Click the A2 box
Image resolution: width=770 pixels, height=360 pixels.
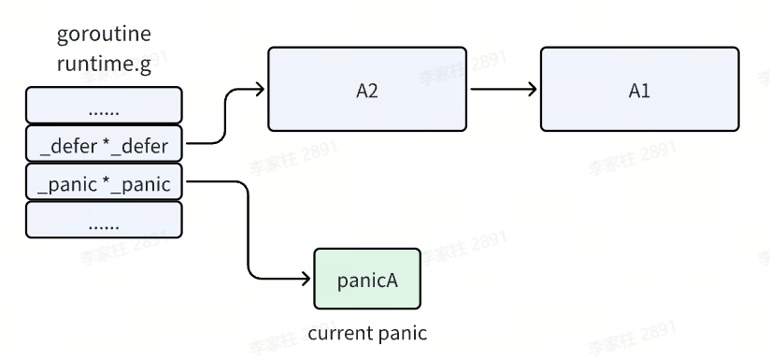(x=366, y=89)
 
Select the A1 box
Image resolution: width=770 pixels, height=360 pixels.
(x=638, y=89)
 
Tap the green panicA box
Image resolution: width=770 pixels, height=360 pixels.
(x=366, y=279)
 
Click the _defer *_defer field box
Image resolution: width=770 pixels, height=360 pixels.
(x=104, y=145)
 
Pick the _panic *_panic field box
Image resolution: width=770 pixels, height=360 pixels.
(x=104, y=183)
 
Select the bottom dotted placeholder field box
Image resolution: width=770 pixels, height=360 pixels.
(x=104, y=220)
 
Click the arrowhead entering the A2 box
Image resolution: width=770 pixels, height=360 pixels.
(x=261, y=90)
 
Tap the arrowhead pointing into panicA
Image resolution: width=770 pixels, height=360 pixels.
(x=306, y=279)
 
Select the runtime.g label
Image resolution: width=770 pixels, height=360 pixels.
(x=103, y=65)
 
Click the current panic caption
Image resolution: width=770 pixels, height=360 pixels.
(x=366, y=333)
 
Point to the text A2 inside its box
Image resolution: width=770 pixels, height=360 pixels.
(x=366, y=90)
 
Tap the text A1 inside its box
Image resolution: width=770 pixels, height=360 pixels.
(x=638, y=90)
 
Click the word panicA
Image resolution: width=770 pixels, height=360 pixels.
(x=366, y=279)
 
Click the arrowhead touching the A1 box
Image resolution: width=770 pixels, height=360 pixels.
(x=533, y=90)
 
